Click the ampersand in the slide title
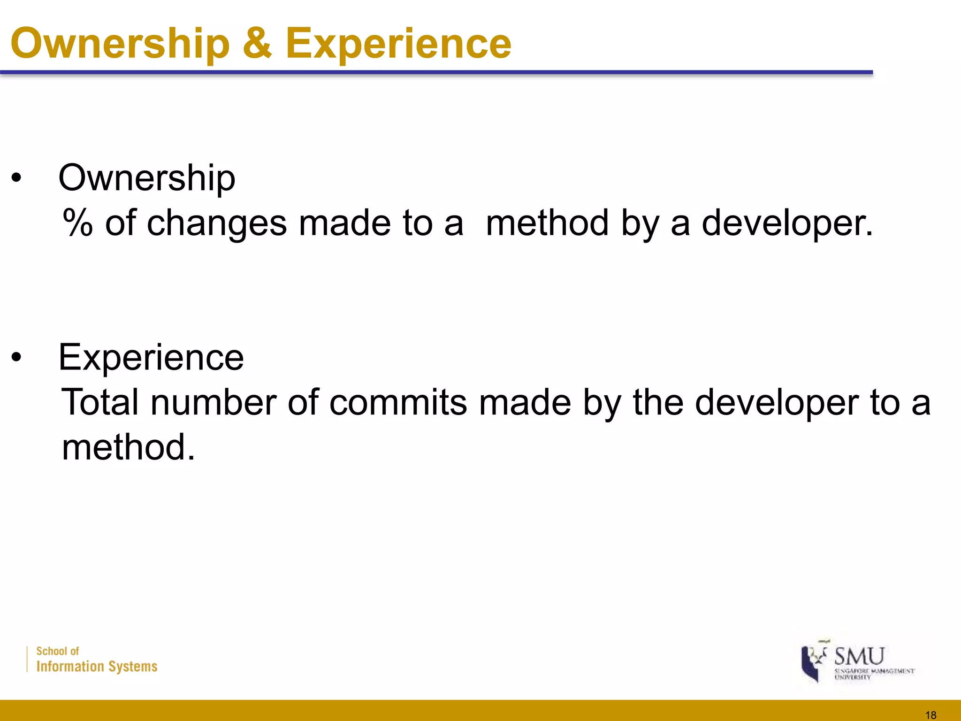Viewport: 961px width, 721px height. (x=257, y=43)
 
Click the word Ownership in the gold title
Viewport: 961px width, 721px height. (x=120, y=44)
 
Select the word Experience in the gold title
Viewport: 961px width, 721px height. (x=398, y=44)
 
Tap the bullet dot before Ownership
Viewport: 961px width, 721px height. (x=17, y=179)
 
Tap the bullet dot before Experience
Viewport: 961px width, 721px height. (x=17, y=358)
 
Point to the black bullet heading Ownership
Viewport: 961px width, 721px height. (x=146, y=179)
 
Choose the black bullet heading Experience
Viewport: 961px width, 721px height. (x=151, y=358)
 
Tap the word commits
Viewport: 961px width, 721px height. (x=398, y=402)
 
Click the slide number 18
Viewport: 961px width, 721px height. (x=931, y=715)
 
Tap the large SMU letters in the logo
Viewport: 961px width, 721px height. (x=859, y=656)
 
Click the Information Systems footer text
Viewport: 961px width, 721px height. (x=97, y=667)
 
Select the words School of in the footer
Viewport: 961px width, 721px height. (x=58, y=651)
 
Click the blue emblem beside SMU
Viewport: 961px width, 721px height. (x=812, y=662)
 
